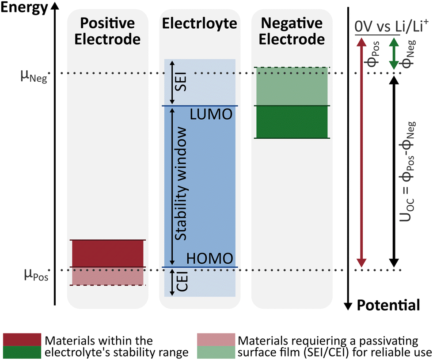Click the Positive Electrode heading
click(x=107, y=32)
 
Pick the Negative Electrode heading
click(x=292, y=32)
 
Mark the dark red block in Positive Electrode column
click(x=108, y=253)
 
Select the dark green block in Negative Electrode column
click(x=292, y=122)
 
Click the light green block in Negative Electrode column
click(x=292, y=87)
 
